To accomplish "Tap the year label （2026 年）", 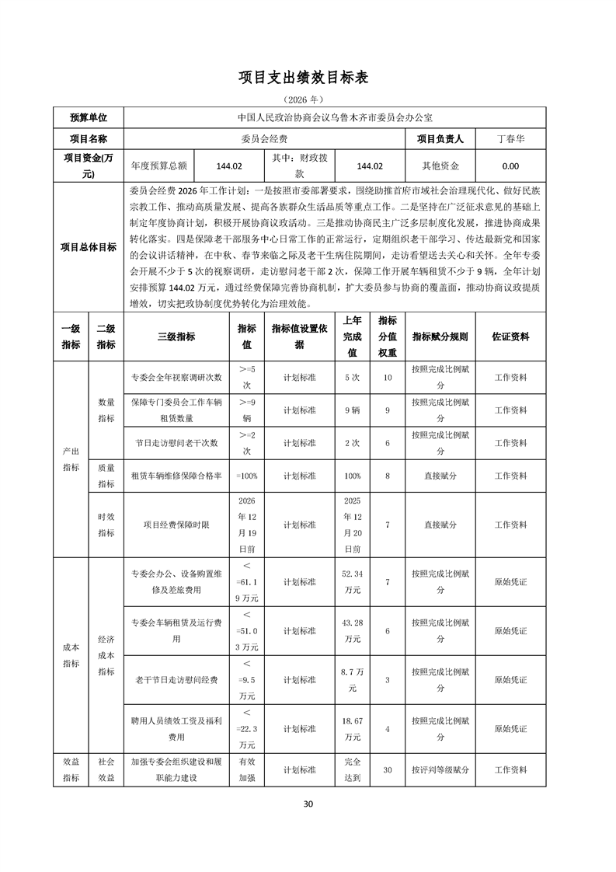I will [308, 100].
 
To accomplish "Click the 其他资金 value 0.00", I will [510, 166].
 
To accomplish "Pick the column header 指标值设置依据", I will [299, 337].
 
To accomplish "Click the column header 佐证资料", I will [510, 337].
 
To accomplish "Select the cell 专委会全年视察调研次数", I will [176, 377].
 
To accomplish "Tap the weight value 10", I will [388, 377].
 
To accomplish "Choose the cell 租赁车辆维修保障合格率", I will [176, 475].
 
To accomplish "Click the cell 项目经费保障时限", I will [176, 525].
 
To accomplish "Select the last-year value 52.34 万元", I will [352, 581].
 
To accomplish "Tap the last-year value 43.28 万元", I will [352, 630].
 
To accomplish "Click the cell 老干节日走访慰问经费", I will [176, 679].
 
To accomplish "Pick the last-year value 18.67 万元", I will [352, 728].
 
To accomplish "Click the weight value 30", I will [388, 769].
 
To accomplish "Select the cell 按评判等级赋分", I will [440, 769].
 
